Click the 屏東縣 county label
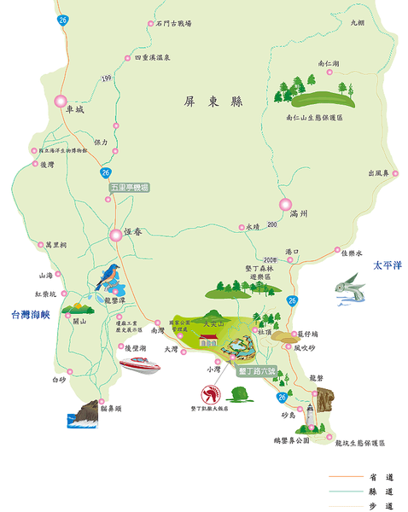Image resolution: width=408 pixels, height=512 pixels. point(213,102)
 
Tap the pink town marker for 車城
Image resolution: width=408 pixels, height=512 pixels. point(61,102)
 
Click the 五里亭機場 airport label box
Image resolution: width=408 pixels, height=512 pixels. point(129,187)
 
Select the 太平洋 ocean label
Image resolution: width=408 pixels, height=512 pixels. point(386,266)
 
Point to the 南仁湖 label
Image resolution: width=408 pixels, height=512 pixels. point(328,63)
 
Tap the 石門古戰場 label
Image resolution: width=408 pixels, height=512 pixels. point(174,23)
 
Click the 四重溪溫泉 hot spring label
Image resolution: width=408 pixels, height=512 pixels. point(154,58)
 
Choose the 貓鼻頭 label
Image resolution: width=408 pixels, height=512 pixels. point(112,410)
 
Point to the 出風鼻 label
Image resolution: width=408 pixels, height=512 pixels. point(377,173)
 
